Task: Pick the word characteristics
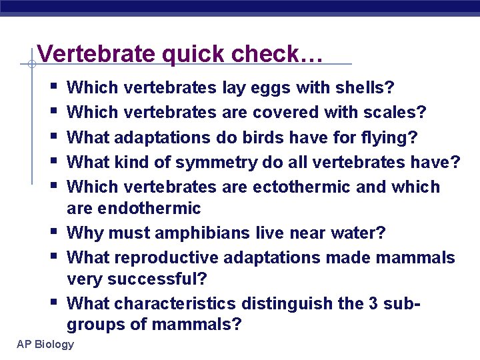coord(175,303)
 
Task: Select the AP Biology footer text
coord(46,344)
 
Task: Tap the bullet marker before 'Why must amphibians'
coord(53,231)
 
